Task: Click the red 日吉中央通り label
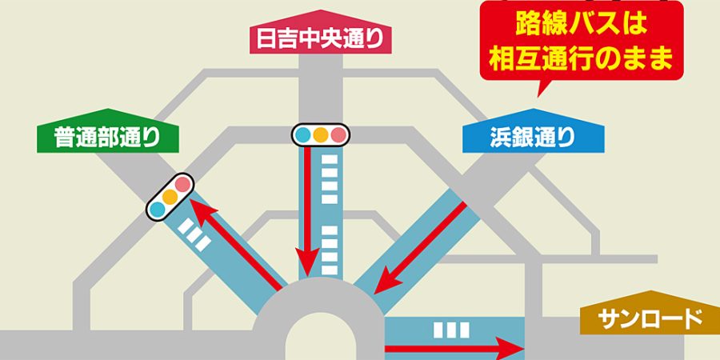[x=319, y=36]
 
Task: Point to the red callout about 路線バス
[x=582, y=40]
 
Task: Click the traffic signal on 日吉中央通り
[x=321, y=134]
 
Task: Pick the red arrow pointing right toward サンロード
[x=452, y=349]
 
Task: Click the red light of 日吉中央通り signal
[x=339, y=134]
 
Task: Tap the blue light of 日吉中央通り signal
[x=303, y=134]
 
